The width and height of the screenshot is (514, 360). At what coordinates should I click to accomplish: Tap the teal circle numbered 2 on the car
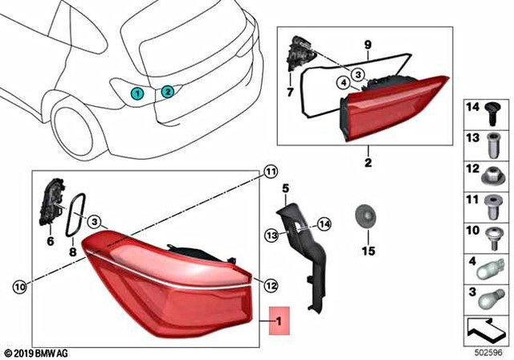click(x=167, y=92)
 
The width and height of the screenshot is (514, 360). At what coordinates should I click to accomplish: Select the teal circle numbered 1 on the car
click(x=138, y=93)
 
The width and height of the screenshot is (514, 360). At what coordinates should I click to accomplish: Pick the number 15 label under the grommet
click(x=367, y=252)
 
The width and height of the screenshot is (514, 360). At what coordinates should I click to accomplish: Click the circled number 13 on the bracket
click(x=272, y=234)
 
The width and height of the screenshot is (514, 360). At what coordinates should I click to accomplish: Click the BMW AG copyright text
click(x=35, y=351)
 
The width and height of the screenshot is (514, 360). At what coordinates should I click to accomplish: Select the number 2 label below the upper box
click(x=368, y=162)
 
